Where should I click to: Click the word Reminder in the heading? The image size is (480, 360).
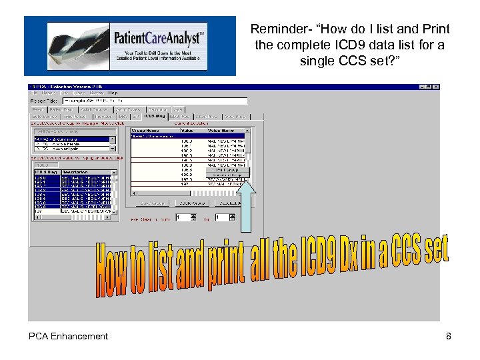tap(276, 29)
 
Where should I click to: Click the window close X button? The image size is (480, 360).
tap(436, 87)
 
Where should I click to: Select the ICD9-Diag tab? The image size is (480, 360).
tap(155, 116)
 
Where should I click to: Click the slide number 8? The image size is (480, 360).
tap(449, 337)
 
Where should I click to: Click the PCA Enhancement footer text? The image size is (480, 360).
tap(68, 337)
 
